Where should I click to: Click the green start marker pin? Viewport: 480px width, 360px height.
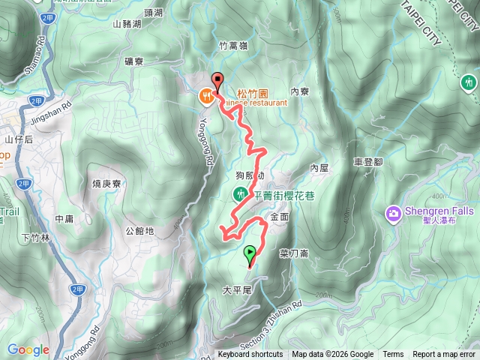[250, 254]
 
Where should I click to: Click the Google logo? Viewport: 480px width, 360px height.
[28, 349]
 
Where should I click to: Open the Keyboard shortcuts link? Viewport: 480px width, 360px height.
[250, 355]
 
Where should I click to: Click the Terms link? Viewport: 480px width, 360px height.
[393, 355]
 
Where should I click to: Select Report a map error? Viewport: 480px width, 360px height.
[445, 355]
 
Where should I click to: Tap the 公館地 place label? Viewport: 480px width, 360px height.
[139, 231]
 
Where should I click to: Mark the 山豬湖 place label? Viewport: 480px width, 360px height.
[127, 24]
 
